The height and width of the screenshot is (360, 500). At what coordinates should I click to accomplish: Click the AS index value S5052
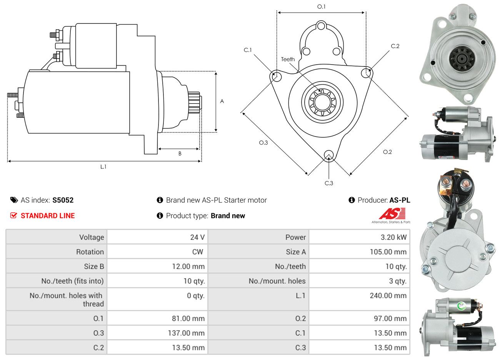point(63,200)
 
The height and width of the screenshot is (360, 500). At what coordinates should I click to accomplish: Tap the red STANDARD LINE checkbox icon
point(13,215)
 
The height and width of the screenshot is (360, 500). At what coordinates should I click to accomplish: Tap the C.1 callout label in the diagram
point(247,50)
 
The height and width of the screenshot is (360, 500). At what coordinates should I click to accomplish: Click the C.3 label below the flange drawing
point(329,183)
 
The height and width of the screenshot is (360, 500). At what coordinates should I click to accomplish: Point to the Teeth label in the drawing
point(288,59)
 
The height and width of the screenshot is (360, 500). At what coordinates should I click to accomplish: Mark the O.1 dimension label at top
point(321,7)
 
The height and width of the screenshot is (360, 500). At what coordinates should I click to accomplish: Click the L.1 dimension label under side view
point(103,167)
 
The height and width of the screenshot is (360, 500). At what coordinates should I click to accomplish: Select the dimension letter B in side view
point(180,153)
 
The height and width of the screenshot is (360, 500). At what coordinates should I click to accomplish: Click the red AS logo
point(392,213)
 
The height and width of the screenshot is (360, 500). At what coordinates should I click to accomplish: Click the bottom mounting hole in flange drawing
point(328,155)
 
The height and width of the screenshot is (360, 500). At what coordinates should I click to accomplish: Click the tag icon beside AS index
point(14,200)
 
